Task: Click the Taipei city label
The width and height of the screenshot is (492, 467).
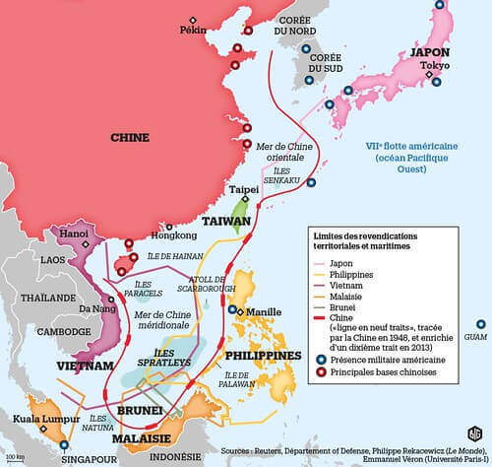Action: tap(243, 187)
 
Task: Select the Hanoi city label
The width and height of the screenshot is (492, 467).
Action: tap(75, 233)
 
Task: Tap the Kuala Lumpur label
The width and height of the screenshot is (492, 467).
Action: tap(39, 420)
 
